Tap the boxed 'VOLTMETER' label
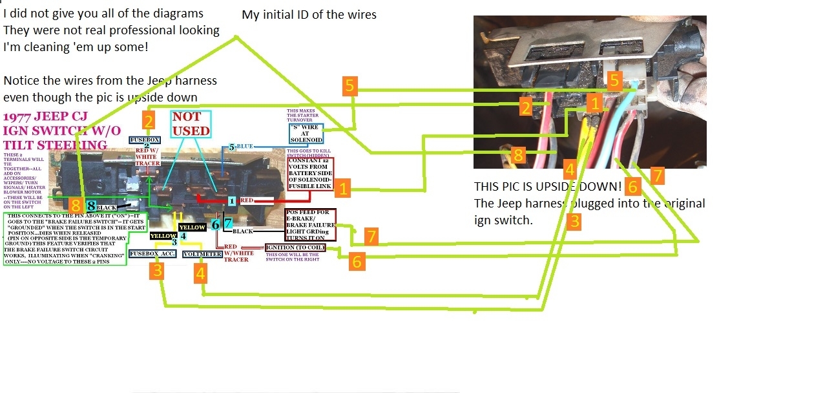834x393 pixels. (203, 254)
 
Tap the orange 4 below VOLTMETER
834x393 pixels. (201, 274)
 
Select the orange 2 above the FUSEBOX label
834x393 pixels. (149, 121)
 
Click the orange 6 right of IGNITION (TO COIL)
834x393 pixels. (357, 260)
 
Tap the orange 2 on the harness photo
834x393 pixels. (526, 107)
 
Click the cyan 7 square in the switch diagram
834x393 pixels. (228, 224)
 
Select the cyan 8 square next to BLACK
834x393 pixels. (91, 206)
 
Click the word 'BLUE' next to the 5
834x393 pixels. (245, 147)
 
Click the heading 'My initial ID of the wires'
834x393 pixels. (309, 14)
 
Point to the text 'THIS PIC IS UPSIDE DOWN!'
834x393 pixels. (547, 187)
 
